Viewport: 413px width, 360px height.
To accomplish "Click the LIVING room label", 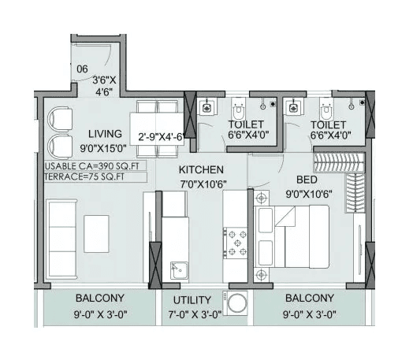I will point(105,133).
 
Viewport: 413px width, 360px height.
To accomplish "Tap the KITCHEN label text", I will point(201,170).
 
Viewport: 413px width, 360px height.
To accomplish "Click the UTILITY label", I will point(192,300).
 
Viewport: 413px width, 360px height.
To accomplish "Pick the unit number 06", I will point(81,69).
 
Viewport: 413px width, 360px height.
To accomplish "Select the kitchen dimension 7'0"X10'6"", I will point(203,186).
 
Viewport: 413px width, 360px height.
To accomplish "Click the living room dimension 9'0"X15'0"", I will point(105,147).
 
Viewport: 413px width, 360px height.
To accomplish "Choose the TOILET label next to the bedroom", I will point(328,124).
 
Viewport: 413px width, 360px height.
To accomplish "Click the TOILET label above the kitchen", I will point(245,124).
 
